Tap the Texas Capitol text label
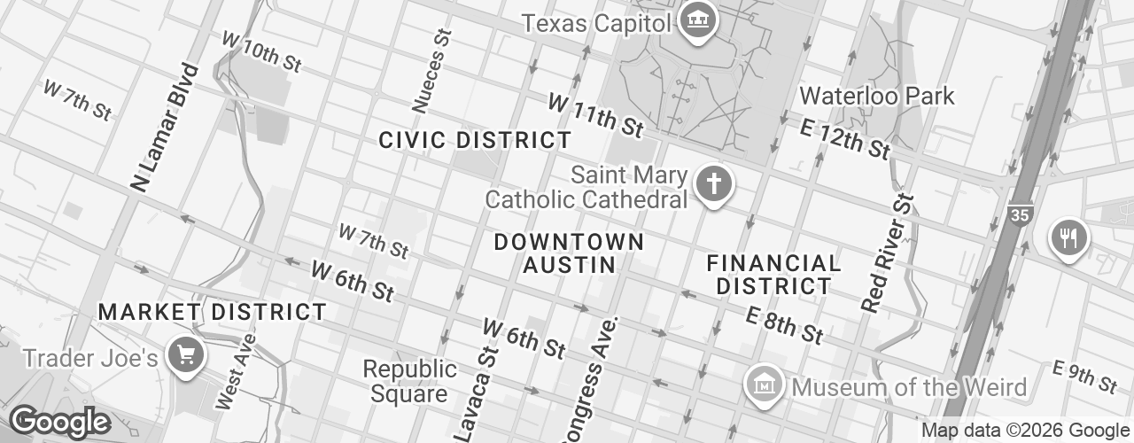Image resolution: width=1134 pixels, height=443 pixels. [596, 23]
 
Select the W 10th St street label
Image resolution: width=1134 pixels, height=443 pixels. [262, 52]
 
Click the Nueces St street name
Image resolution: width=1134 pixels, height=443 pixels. [431, 71]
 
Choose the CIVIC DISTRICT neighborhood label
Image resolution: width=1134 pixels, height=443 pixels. [475, 140]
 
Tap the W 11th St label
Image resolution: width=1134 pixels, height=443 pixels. [595, 115]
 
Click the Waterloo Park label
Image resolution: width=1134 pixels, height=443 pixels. [877, 96]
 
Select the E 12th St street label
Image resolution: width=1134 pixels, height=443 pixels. [843, 138]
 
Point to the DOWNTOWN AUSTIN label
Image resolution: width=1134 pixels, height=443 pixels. [569, 253]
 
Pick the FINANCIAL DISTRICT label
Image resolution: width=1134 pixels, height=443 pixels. [773, 274]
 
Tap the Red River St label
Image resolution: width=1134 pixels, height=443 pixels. [886, 253]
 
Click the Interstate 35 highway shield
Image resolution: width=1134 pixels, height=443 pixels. [1020, 214]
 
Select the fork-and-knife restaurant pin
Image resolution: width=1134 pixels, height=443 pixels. [1069, 237]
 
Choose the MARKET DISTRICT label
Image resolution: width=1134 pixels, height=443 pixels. [213, 312]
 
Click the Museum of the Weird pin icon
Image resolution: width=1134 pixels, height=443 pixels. [763, 385]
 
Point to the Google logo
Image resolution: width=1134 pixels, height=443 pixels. [59, 423]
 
